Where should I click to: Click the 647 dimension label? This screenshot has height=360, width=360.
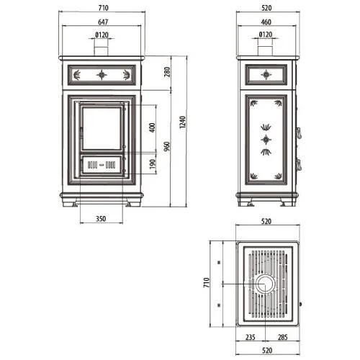(103, 22)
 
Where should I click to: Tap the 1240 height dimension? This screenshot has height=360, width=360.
(183, 122)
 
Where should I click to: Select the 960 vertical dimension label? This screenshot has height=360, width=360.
(167, 146)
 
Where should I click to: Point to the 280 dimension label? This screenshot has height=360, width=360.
(167, 72)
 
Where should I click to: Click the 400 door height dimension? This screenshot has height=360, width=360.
(152, 127)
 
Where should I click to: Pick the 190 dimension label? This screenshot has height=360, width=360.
(153, 164)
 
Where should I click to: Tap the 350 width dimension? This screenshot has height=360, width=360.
(101, 219)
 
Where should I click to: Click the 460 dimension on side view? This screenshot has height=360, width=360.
(266, 22)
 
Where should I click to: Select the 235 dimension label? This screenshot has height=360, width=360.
(251, 337)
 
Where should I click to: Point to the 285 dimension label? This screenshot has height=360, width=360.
(283, 337)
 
